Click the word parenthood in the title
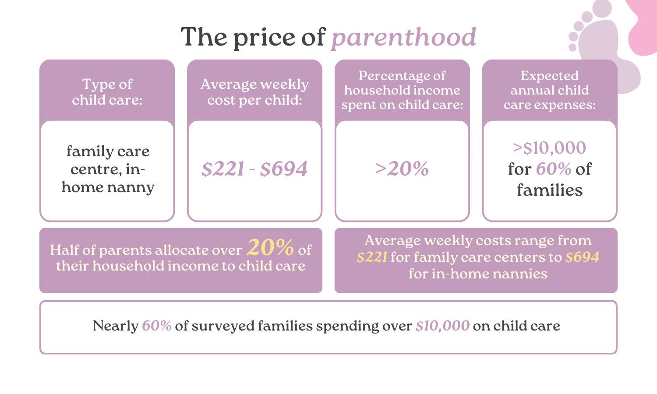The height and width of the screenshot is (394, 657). click(403, 38)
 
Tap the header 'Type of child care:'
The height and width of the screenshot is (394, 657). click(107, 92)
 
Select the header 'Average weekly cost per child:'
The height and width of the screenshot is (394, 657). click(254, 92)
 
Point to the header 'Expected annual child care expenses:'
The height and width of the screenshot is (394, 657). click(549, 90)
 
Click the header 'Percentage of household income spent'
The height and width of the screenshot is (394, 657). click(402, 90)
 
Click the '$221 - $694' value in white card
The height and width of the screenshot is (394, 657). click(254, 169)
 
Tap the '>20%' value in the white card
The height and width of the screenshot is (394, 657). click(402, 169)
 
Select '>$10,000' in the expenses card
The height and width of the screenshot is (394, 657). click(549, 148)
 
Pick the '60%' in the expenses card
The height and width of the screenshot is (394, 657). click(554, 169)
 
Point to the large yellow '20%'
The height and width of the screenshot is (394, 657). click(270, 248)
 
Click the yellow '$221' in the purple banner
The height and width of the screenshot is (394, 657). click(372, 257)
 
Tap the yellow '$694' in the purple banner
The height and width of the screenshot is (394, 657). click(582, 257)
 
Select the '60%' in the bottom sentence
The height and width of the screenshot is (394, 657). click(156, 326)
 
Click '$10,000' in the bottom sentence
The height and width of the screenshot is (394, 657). click(442, 326)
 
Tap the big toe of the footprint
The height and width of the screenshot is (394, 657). click(602, 9)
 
